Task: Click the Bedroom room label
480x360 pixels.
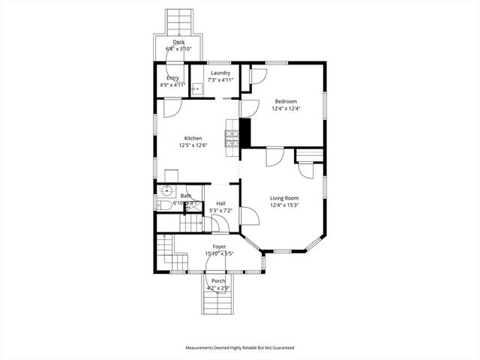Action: (x=286, y=101)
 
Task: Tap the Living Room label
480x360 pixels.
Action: (x=284, y=198)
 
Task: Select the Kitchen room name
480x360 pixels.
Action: (x=193, y=138)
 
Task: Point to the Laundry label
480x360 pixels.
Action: (x=220, y=73)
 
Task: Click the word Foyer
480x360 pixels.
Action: (x=219, y=247)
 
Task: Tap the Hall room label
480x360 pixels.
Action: (x=221, y=203)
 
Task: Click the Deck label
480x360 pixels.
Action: (x=178, y=42)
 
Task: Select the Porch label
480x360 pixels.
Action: (x=218, y=280)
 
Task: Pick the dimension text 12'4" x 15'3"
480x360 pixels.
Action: (x=284, y=205)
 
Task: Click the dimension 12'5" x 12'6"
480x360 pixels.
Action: (x=193, y=145)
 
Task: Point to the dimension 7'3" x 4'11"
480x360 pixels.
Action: (x=220, y=79)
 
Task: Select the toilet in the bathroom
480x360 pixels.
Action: (x=162, y=203)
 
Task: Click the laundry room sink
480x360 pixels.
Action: (x=196, y=89)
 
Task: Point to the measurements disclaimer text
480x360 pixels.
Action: (x=240, y=348)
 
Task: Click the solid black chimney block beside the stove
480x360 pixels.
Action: (x=244, y=133)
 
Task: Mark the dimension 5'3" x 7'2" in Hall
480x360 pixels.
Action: (x=221, y=211)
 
